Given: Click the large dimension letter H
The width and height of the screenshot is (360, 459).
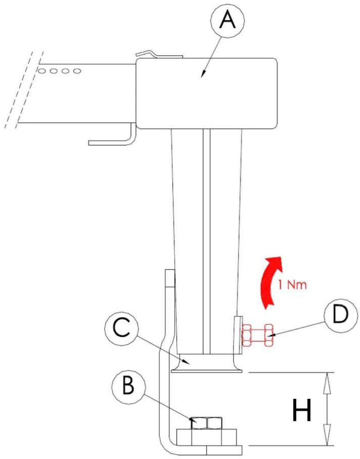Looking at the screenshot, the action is point(302,409).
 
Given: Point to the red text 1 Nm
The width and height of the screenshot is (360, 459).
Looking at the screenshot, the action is point(292,285).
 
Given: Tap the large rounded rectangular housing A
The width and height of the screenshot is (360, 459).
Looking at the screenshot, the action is point(207,93).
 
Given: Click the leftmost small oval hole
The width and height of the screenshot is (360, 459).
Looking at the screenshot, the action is point(42,71).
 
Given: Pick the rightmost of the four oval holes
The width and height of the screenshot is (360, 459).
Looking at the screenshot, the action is point(77,71).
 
